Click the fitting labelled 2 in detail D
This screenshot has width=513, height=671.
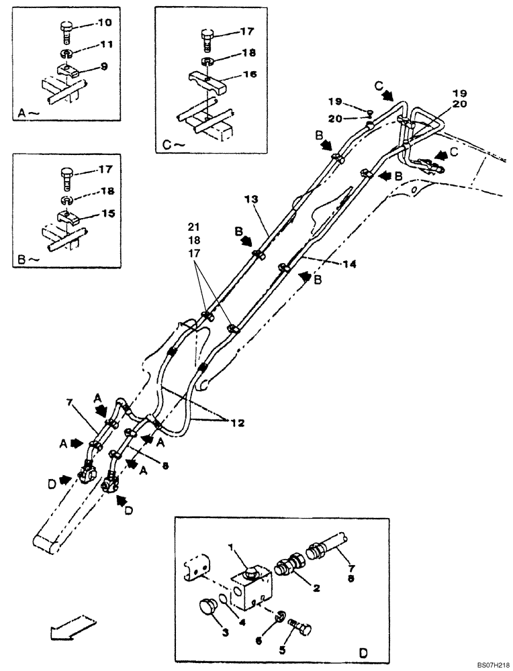click(x=289, y=564)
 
